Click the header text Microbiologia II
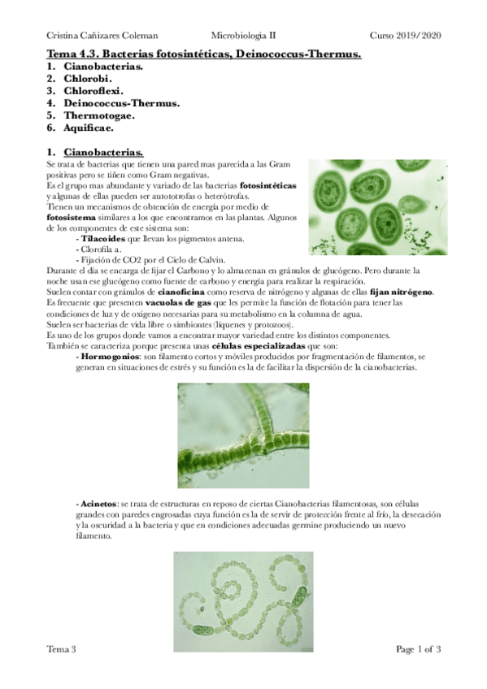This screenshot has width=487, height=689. pos(244,36)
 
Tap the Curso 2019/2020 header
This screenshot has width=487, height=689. pos(405,36)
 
